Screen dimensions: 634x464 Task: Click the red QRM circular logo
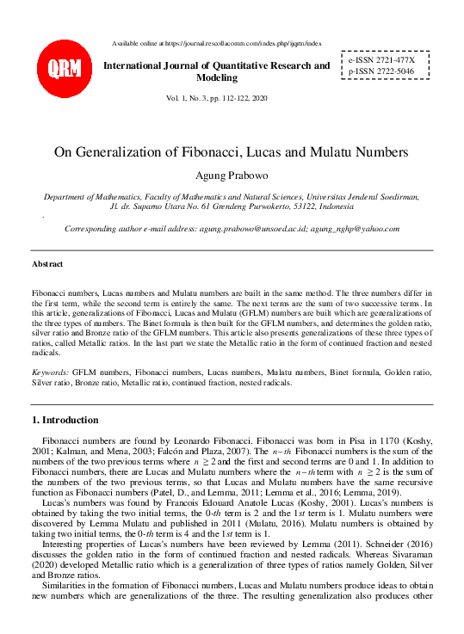pos(64,67)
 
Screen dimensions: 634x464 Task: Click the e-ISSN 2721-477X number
pos(381,61)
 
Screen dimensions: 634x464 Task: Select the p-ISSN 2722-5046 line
pos(381,73)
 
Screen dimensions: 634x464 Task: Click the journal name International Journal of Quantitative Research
pos(216,65)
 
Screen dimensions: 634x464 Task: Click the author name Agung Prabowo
pos(232,176)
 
